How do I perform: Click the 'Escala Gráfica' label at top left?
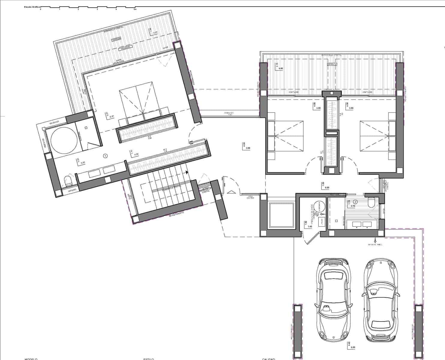point(33,6)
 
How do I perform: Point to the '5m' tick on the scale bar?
point(135,10)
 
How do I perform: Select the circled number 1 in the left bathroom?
point(105,155)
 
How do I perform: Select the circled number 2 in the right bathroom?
point(355,202)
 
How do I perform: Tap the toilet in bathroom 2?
point(371,203)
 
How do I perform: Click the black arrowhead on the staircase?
point(187,172)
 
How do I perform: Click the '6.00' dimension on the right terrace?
point(281,69)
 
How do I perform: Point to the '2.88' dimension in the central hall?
point(248,148)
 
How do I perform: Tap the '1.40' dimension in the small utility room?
point(310,227)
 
